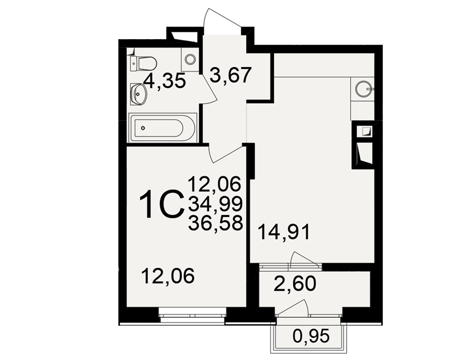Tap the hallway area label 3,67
pos(231,75)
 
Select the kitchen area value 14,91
pos(284,232)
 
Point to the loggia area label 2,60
pos(295,283)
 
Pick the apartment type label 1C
pos(162,204)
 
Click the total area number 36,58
pos(216,223)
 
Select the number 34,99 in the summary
pos(216,203)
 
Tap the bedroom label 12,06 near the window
pos(168,275)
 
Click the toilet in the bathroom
pos(144,63)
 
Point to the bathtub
pos(163,128)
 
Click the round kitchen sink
pos(364,89)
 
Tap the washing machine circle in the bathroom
pos(190,59)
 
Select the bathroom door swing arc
pos(210,88)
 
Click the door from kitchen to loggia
pos(305,260)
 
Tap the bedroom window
pos(192,315)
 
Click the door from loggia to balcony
pos(292,307)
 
